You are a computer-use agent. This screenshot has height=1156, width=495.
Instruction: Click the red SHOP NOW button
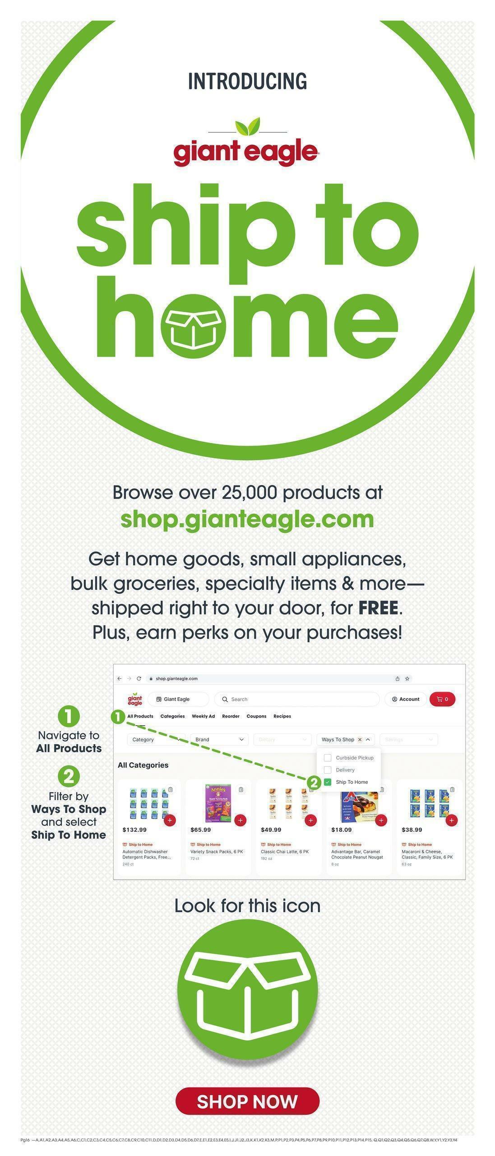[x=247, y=1101]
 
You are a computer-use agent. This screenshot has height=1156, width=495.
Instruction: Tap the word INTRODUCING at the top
[x=247, y=81]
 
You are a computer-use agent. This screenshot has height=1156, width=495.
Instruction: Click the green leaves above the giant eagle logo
[x=247, y=126]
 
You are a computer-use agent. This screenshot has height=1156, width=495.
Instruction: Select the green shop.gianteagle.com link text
[x=247, y=519]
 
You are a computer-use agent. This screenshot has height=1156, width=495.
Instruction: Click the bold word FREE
[x=378, y=608]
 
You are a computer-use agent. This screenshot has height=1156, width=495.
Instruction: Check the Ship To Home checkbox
[x=328, y=782]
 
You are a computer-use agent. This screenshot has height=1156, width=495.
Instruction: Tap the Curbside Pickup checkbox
[x=328, y=758]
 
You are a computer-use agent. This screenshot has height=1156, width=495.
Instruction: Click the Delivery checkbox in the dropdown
[x=328, y=770]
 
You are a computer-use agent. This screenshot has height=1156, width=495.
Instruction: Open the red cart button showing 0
[x=442, y=699]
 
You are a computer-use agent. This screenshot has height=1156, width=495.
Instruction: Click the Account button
[x=406, y=699]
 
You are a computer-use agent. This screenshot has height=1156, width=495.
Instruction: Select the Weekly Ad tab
[x=203, y=716]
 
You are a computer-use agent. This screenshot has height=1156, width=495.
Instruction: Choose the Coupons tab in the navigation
[x=256, y=716]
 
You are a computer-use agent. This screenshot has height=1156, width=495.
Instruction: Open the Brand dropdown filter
[x=219, y=740]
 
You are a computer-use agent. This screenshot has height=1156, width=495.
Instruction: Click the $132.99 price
[x=134, y=830]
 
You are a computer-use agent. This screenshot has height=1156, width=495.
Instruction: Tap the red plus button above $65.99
[x=240, y=820]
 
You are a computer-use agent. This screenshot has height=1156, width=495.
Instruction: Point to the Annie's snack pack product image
[x=218, y=803]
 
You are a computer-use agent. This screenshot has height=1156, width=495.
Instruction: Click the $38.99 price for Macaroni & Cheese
[x=412, y=830]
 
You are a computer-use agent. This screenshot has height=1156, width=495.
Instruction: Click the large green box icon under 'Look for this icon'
[x=247, y=989]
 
